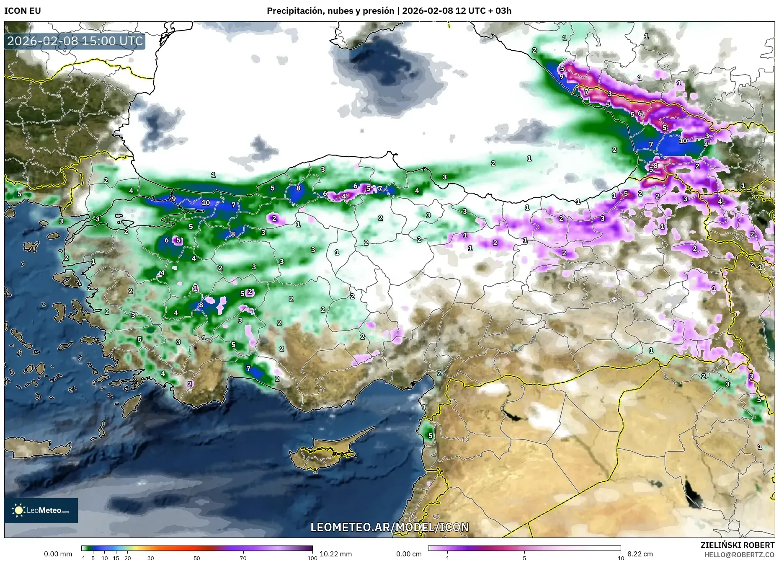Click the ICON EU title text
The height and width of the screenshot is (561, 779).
coord(23,11)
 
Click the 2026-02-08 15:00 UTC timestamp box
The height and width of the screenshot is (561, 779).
coord(75,41)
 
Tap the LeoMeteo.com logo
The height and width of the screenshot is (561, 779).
coord(41,510)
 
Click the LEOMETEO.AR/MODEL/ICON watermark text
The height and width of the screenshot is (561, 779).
coord(389,527)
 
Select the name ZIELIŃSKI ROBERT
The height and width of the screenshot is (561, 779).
coord(737,545)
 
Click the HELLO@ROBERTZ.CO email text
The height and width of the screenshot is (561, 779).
coord(739,554)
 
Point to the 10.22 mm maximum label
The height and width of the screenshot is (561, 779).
coord(335,554)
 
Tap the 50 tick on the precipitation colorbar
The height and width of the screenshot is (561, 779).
coord(197,558)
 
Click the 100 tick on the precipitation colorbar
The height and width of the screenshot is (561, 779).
coord(312,558)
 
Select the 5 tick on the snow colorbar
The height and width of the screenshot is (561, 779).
coord(524,558)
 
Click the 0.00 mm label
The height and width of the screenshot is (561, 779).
coord(58,554)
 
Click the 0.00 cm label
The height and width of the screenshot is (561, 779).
coord(409,554)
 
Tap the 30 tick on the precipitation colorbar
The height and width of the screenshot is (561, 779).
coord(151,558)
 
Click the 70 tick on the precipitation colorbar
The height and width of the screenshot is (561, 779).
coord(243,558)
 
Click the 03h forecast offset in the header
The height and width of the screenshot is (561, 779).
coord(503,11)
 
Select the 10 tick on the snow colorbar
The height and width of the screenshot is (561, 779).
coord(621,558)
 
